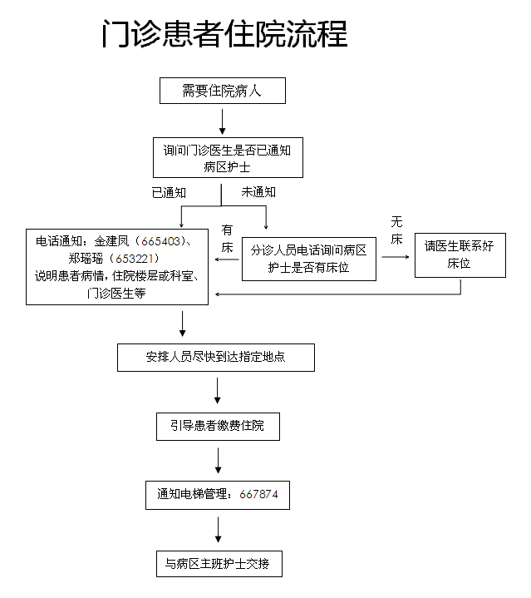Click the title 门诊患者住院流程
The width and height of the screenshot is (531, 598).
point(224,36)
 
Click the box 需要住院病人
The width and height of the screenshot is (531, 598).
point(222,91)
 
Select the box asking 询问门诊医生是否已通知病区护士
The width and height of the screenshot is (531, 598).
point(227,158)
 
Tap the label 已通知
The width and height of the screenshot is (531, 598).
point(169,192)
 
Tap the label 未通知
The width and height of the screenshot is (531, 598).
point(258,191)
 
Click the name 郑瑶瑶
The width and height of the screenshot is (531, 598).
point(86,258)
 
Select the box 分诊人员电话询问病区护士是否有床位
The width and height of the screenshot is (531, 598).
point(308,258)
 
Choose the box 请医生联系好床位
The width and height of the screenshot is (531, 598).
point(459,254)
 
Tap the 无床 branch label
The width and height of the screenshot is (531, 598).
point(397,230)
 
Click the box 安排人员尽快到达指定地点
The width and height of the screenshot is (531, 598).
point(216,358)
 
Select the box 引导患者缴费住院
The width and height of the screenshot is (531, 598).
point(218,426)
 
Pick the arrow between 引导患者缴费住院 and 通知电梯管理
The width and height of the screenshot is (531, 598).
point(218,460)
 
